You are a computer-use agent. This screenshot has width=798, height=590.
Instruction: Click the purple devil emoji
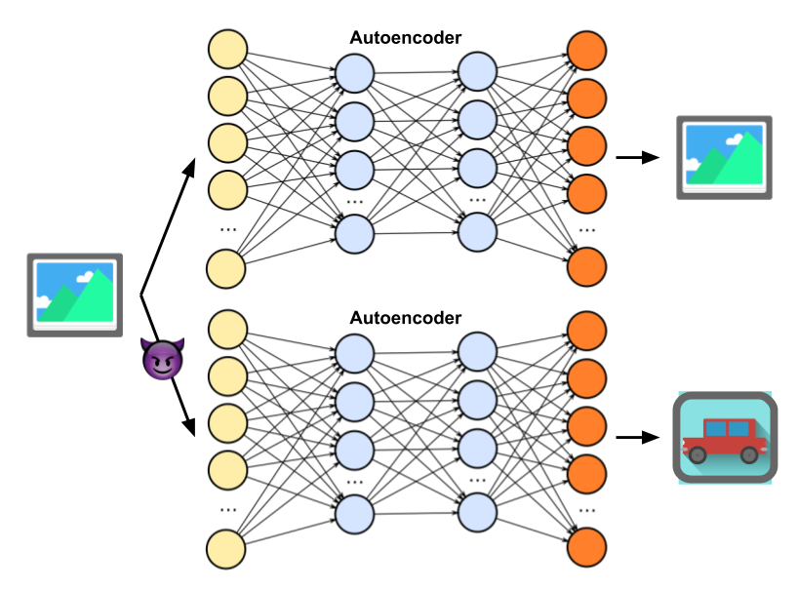click(162, 360)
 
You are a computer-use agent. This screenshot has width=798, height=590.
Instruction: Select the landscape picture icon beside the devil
click(74, 295)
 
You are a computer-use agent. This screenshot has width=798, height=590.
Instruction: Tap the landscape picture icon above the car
click(724, 157)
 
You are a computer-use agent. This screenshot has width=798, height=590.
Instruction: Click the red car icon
click(724, 438)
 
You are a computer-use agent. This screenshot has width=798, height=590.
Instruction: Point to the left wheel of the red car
click(698, 454)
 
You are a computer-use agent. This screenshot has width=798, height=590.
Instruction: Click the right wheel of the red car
click(749, 454)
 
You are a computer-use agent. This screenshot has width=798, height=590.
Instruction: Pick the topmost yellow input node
click(227, 49)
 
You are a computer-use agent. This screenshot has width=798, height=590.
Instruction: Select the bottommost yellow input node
click(226, 549)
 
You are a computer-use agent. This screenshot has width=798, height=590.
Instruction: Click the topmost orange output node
click(586, 51)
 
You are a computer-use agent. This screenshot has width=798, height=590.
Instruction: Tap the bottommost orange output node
click(586, 547)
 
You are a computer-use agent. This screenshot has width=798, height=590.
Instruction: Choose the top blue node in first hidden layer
click(354, 73)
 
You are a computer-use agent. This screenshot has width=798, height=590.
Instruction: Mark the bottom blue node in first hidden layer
click(354, 514)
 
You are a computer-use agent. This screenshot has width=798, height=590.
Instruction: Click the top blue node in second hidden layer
click(477, 71)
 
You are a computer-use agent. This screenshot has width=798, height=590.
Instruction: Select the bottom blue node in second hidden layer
click(477, 512)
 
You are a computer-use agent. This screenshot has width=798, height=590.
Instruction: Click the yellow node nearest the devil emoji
click(227, 375)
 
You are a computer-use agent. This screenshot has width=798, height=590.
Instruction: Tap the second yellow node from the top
click(227, 96)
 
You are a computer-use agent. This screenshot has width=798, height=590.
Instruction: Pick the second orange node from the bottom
click(586, 473)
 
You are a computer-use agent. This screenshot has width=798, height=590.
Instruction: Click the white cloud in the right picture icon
click(695, 163)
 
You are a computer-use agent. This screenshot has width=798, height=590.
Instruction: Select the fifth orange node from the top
click(586, 266)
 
